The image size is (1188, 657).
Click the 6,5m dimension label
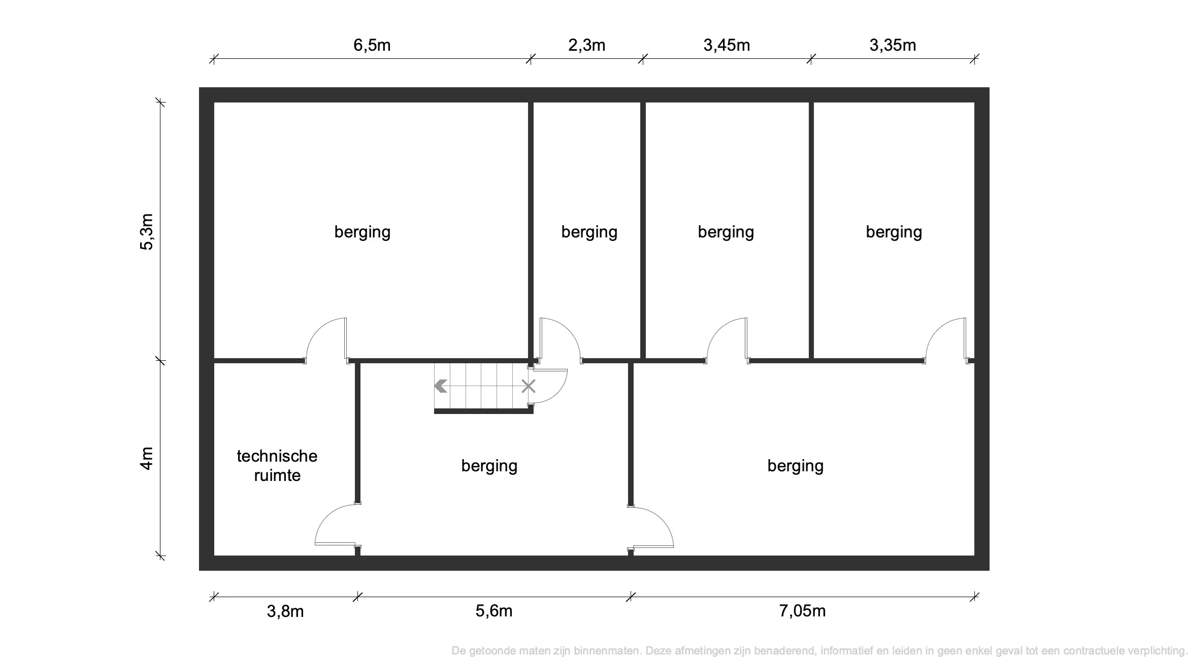pos(372,46)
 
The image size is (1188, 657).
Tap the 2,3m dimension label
pos(586,46)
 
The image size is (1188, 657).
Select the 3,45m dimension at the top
pos(727,46)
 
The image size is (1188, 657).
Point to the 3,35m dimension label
pos(893,46)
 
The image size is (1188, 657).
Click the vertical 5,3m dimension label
pos(147,232)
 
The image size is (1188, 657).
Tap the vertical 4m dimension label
pos(147,459)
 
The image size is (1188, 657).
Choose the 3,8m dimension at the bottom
pos(285,611)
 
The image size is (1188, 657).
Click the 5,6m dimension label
pos(493,611)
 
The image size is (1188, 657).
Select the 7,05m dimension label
pos(802,611)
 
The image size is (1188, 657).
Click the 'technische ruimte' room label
pos(277,466)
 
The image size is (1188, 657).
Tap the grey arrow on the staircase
pos(441,387)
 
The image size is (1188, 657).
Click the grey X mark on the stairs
pos(529,387)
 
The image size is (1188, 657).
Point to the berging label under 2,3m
pos(589,232)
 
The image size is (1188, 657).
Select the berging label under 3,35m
pos(894,232)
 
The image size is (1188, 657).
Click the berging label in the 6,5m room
pos(362,232)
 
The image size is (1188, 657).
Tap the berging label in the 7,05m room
pos(795,466)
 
